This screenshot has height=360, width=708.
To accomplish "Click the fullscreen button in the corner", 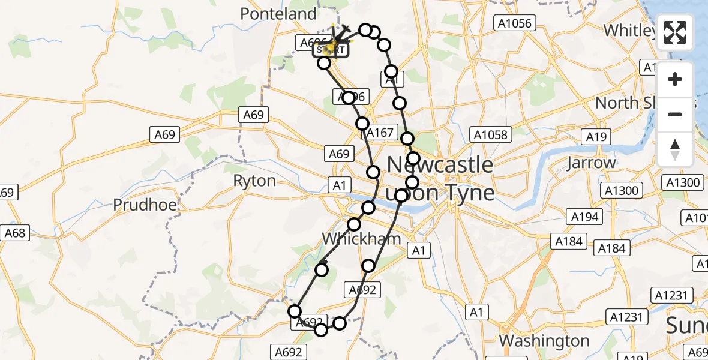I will click(x=675, y=32).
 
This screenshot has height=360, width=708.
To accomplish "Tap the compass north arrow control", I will click(x=675, y=149).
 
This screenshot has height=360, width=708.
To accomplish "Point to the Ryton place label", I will click(x=254, y=181).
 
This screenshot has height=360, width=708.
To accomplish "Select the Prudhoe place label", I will click(x=145, y=205).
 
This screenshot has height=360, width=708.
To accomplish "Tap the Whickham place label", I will click(x=362, y=239).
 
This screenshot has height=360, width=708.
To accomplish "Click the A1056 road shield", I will click(x=514, y=23).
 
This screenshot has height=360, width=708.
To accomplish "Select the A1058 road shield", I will click(x=491, y=135).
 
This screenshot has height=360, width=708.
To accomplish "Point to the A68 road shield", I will click(x=15, y=233).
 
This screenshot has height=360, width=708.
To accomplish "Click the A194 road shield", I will click(x=584, y=217).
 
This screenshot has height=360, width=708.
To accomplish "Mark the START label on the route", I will click(x=330, y=50).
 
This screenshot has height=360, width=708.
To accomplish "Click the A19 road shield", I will click(x=596, y=137).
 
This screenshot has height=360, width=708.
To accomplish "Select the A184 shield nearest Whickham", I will click(x=569, y=241).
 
